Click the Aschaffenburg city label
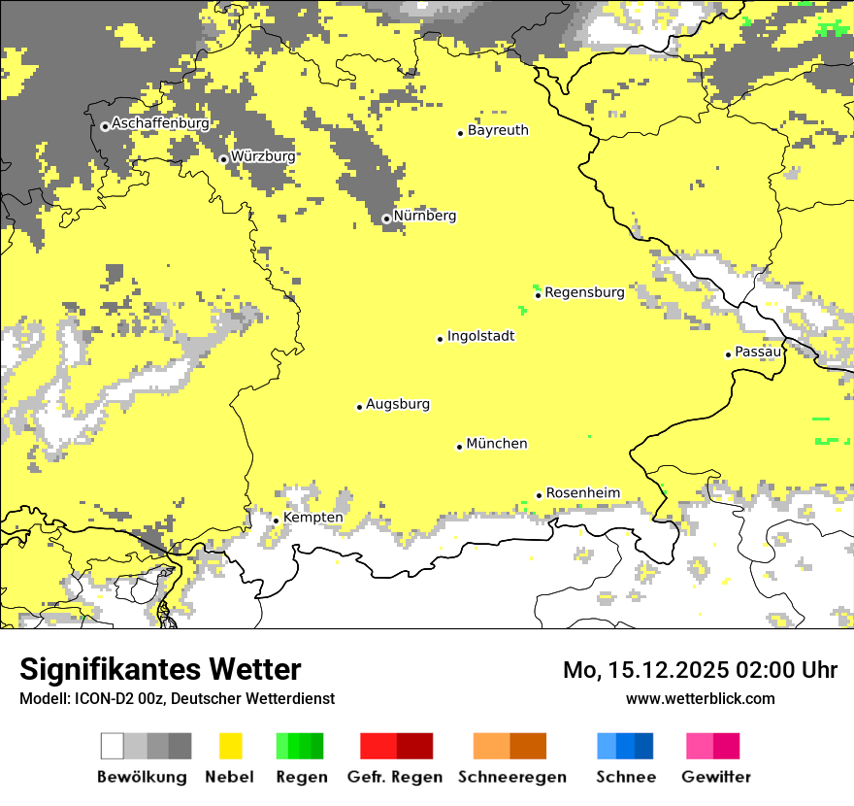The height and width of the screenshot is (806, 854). (160, 124)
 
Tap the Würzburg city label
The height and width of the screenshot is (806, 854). (263, 156)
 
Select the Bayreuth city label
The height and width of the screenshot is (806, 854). (498, 130)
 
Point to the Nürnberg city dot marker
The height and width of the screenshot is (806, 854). (386, 218)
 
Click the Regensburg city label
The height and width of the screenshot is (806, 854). (584, 291)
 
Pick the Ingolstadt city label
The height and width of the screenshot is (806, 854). (480, 336)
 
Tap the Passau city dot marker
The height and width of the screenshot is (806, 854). (728, 354)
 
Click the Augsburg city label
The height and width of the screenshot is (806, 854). (398, 404)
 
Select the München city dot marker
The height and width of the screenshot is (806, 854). (460, 447)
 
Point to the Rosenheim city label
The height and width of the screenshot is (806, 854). (582, 493)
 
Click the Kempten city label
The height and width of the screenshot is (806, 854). (312, 518)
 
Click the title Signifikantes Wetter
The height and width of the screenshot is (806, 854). (160, 669)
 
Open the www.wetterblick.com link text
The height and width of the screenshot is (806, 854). (700, 698)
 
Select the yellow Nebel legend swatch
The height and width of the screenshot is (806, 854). (230, 746)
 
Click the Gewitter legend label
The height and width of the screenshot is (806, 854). (715, 777)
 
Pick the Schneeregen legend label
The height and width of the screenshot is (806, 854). (511, 777)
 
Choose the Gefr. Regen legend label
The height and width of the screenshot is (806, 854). (395, 777)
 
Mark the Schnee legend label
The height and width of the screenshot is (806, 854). (625, 777)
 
